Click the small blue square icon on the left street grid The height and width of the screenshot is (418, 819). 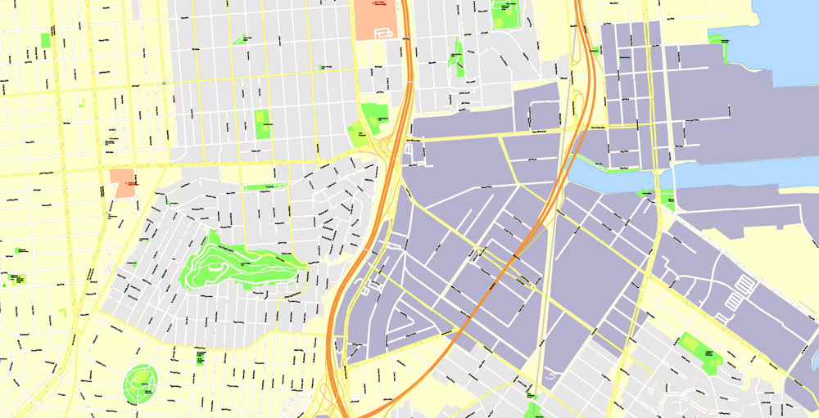coord(165,83)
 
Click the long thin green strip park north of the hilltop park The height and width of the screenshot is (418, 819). coord(260,187)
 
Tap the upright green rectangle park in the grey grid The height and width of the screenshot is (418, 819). coord(262,124)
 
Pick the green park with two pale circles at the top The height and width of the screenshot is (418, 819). coord(505,14)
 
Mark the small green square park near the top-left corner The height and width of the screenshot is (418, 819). coord(45,40)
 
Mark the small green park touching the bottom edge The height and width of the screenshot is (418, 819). coord(533,411)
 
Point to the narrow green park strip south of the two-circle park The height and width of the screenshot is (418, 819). coord(457,58)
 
